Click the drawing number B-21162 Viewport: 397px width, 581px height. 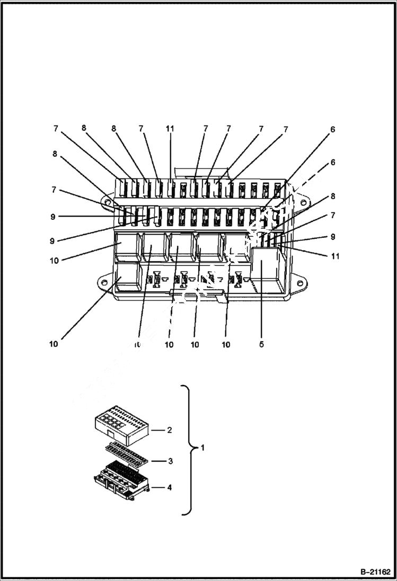coord(375,572)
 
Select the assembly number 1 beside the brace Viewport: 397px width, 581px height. coord(202,448)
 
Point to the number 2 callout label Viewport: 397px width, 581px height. coord(169,430)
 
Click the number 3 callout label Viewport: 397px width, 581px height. coord(170,461)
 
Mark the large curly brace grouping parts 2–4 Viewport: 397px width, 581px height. coord(187,449)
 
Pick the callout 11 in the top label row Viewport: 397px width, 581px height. coord(170,129)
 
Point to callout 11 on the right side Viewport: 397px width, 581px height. coord(334,256)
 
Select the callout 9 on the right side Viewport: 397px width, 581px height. coord(332,237)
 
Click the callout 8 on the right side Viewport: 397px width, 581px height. coord(332,196)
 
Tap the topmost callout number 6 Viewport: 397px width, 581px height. coord(332,129)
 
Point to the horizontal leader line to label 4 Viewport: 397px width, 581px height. coord(158,487)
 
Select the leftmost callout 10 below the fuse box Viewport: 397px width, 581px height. coord(54,344)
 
